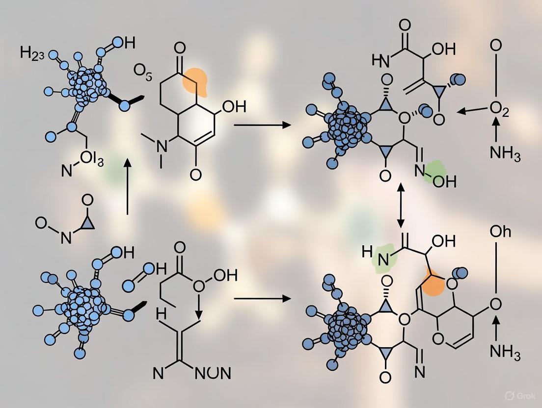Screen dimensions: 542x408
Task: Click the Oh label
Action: tap(500, 231)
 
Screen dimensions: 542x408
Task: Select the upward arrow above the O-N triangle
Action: tap(127, 186)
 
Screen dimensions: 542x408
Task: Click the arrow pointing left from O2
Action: tap(472, 111)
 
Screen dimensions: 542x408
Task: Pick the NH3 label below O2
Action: tap(505, 153)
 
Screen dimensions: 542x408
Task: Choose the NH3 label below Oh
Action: tap(505, 352)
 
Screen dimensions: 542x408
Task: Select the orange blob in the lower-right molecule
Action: tap(434, 283)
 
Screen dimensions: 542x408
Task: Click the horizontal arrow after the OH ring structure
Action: tap(262, 126)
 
